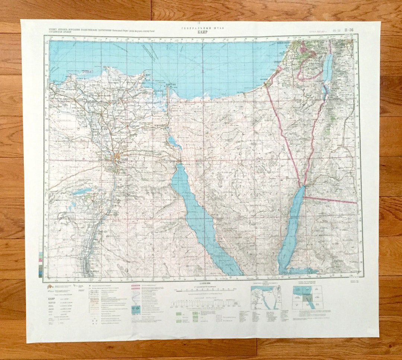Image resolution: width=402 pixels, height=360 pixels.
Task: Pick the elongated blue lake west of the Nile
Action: coord(83,192)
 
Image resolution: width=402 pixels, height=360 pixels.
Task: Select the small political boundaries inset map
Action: coord(266,298)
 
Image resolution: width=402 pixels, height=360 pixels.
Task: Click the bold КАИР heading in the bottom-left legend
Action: coord(52,299)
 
